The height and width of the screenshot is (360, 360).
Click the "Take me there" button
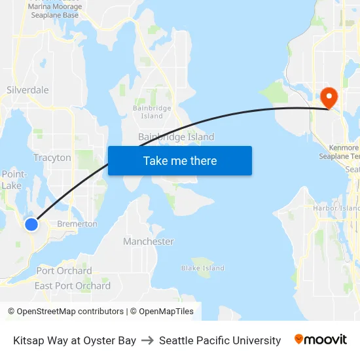click(180, 161)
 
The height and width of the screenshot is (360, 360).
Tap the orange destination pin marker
click(328, 98)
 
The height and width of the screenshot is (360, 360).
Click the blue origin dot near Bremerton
click(31, 225)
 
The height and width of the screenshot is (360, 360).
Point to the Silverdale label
click(27, 90)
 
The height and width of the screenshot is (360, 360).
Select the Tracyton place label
click(52, 158)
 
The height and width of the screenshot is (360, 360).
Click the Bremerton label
click(77, 224)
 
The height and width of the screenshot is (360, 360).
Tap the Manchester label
click(149, 242)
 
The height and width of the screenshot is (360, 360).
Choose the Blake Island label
click(203, 268)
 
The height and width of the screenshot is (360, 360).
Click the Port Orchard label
click(64, 271)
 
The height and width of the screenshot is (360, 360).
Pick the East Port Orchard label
click(73, 286)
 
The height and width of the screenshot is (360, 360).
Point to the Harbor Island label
click(336, 208)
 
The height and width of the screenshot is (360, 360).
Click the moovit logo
click(321, 339)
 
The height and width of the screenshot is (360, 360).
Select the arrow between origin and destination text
click(148, 340)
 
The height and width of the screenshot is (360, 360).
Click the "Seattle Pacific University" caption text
click(220, 340)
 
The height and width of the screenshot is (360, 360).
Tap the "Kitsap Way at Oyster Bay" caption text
click(75, 340)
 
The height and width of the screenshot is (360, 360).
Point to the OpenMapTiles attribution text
click(166, 312)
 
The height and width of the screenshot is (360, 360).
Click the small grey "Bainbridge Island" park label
click(152, 111)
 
